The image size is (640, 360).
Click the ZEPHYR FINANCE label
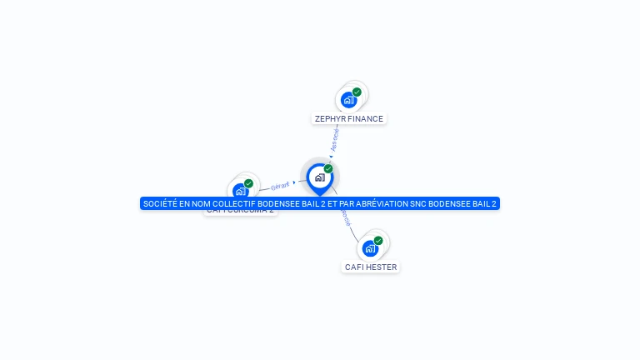click(x=349, y=119)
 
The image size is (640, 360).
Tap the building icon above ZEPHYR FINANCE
click(x=348, y=100)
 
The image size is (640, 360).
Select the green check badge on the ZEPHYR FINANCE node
click(x=357, y=92)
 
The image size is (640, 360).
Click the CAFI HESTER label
click(x=371, y=267)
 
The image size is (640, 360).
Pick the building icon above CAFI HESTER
click(x=370, y=248)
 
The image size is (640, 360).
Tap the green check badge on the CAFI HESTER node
click(x=378, y=241)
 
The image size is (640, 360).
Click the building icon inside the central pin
click(x=319, y=177)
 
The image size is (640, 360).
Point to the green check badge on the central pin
click(x=328, y=169)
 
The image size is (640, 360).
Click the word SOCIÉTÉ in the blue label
click(x=159, y=204)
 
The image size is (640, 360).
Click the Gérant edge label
click(x=280, y=185)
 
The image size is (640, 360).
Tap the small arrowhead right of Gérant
click(x=294, y=182)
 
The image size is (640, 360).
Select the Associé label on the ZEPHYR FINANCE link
click(x=334, y=139)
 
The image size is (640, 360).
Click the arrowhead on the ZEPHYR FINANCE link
click(x=332, y=154)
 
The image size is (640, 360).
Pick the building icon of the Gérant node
click(x=240, y=191)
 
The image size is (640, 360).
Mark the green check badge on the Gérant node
click(x=248, y=183)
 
